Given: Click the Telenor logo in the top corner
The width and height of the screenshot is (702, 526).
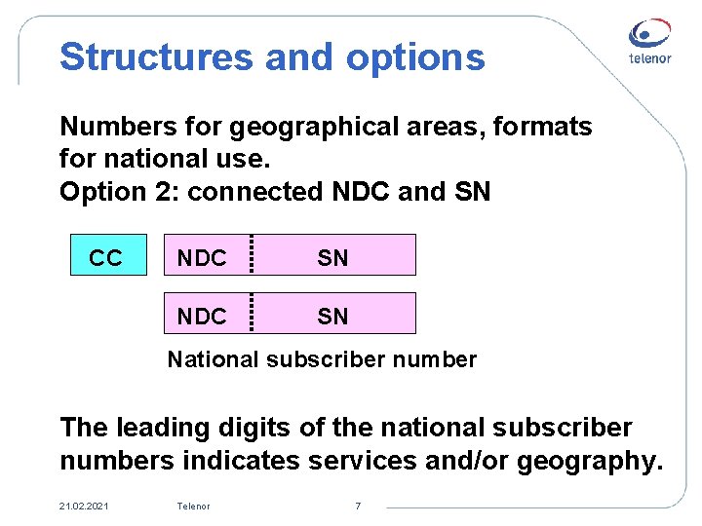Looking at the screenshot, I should [x=648, y=43].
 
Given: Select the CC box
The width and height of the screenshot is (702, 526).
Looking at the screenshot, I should [x=106, y=257].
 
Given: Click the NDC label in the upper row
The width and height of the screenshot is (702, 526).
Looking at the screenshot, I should [x=201, y=258].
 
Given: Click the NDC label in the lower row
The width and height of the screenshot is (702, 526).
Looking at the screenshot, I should [x=201, y=317].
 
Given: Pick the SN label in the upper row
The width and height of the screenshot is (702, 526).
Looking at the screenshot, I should [x=332, y=258].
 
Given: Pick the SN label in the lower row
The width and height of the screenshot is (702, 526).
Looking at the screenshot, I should [x=332, y=317].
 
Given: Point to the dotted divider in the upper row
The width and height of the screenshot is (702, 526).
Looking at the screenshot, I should [x=252, y=255].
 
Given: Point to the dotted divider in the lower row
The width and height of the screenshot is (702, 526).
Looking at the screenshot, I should [x=252, y=314].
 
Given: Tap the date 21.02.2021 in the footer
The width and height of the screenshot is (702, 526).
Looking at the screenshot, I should [x=84, y=506].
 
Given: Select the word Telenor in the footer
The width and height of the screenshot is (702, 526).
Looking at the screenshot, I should [x=193, y=506].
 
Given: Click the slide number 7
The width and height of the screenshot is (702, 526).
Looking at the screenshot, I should [x=358, y=506].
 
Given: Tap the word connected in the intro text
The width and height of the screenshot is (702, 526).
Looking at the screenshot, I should [x=253, y=192].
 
